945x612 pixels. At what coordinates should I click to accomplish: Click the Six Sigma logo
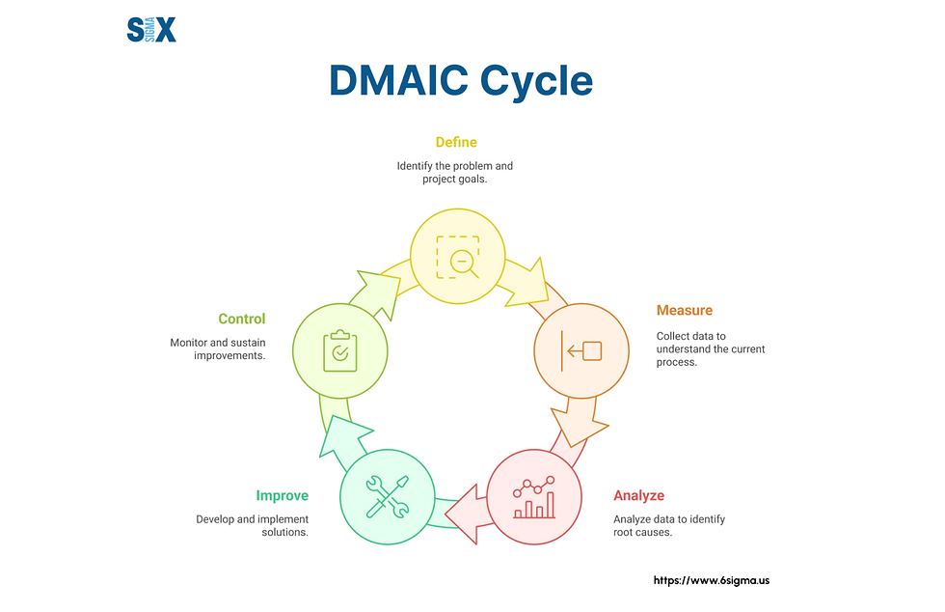151,30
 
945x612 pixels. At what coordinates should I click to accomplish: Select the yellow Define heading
455,143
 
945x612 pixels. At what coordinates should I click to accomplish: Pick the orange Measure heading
685,310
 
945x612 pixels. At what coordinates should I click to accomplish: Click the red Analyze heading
638,495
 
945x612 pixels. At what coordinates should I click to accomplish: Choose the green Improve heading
282,495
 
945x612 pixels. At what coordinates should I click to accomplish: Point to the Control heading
241,319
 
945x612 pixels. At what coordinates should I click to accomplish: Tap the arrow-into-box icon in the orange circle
580,350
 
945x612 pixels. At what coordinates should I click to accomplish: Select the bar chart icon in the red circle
533,497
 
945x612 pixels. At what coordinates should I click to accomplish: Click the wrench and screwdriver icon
387,496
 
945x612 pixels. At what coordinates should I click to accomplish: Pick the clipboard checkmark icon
339,349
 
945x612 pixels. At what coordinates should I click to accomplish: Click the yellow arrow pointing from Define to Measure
526,280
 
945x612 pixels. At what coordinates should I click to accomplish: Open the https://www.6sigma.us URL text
712,580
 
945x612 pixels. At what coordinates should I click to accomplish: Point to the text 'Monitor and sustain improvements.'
218,348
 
